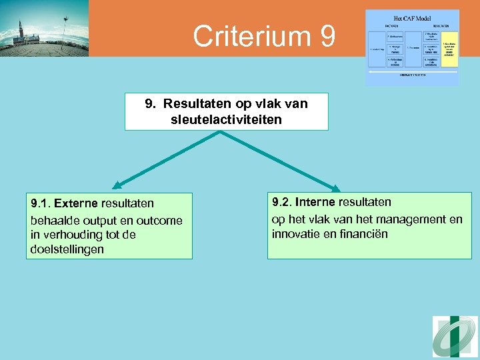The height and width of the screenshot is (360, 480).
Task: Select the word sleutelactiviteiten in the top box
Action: pos(226,119)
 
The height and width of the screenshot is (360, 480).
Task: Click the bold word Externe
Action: pos(75,203)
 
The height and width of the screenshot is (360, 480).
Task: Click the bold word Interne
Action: pos(315,201)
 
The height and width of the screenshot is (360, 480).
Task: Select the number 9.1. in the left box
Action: pos(41,203)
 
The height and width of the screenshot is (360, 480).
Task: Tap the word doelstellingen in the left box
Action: pos(67,249)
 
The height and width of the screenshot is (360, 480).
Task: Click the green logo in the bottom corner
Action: pos(455,337)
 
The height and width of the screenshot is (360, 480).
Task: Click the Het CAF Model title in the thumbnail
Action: pos(412,19)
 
